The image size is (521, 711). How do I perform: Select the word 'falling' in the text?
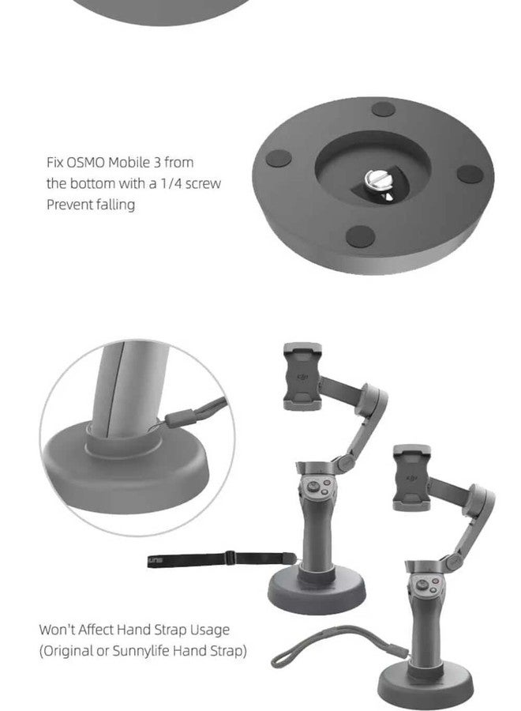pos(115,205)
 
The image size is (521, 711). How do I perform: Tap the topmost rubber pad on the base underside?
pos(384,109)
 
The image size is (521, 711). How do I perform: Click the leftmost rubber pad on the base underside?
pos(278,158)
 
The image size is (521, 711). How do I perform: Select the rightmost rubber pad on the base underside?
pos(470,174)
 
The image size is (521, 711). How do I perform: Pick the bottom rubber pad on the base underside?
pos(360,236)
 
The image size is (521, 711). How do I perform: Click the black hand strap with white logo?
pos(222,559)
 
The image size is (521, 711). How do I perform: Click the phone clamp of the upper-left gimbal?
pos(302,376)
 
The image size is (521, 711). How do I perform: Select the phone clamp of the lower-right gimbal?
pos(412,478)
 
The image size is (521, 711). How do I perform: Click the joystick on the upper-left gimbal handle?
pos(313,487)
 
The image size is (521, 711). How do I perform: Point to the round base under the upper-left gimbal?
pos(317,591)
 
